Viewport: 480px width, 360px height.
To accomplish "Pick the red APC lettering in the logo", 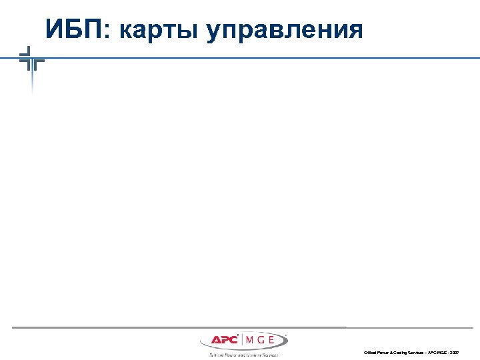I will [x=224, y=341].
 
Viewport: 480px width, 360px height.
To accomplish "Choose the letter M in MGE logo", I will [x=249, y=341].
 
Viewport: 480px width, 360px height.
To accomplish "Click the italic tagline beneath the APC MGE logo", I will [x=243, y=355].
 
